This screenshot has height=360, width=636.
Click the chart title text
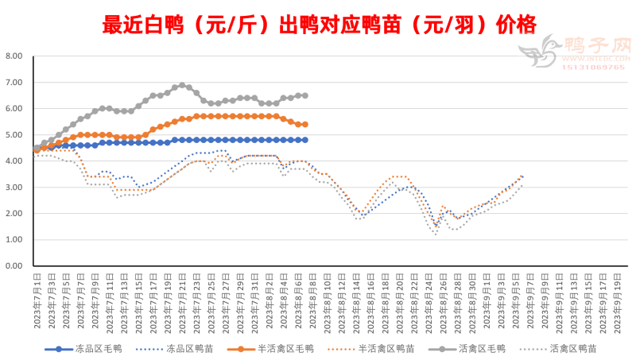318,24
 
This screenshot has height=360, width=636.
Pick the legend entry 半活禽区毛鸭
286,348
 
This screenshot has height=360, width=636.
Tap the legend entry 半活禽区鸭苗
386,348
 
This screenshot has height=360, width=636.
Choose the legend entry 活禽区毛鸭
480,348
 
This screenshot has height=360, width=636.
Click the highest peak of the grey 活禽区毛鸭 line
182,85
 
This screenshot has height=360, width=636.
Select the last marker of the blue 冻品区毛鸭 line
304,140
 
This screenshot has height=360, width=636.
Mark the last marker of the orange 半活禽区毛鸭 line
304,125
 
